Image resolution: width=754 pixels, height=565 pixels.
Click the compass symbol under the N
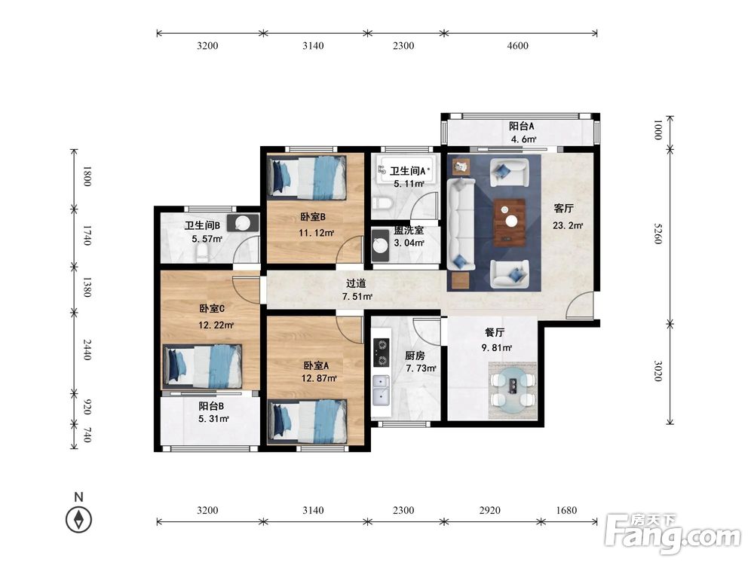(79, 519)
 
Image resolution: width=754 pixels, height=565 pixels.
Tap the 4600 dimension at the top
(517, 46)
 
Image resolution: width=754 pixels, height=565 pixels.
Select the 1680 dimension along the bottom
(566, 510)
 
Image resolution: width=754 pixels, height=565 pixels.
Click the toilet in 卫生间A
(383, 203)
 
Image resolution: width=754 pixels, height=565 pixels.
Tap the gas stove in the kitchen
(382, 352)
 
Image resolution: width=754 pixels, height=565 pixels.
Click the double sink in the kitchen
(381, 389)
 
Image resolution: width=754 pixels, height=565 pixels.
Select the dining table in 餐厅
(513, 389)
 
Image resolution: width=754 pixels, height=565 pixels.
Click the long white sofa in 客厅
(461, 224)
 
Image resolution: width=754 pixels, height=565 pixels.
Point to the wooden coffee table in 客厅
(510, 222)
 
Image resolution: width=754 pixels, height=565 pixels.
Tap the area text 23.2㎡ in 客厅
(568, 225)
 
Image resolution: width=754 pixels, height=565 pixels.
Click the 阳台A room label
(521, 127)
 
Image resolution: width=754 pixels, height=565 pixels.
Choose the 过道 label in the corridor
(357, 283)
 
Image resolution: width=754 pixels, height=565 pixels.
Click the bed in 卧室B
(307, 176)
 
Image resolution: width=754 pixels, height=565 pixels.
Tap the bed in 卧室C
(202, 366)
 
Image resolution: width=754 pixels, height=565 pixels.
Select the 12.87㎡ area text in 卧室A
(319, 378)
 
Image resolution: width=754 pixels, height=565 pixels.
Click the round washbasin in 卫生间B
(243, 223)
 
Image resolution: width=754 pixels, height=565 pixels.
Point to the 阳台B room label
(211, 406)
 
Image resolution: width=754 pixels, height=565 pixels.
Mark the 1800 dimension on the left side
(87, 176)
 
